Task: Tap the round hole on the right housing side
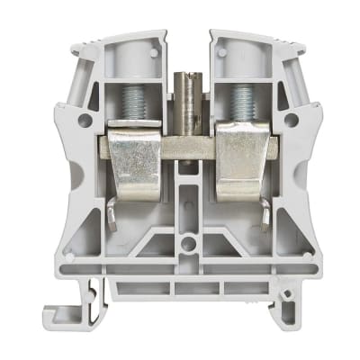[x=290, y=118]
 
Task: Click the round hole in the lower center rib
[x=187, y=242]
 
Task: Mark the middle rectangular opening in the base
[x=187, y=289]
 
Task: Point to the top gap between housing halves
[x=187, y=45]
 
